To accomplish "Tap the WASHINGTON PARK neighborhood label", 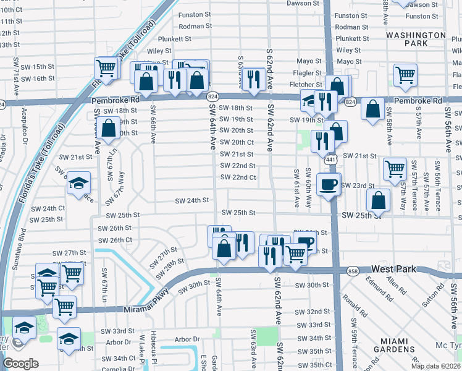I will click(415, 40).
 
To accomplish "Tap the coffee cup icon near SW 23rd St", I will click(328, 184).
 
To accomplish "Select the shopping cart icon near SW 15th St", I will click(106, 68).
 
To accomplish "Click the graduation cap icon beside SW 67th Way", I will click(78, 183).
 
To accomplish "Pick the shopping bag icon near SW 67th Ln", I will click(108, 129).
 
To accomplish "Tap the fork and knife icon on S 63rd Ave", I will click(253, 79).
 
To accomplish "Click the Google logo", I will click(21, 364).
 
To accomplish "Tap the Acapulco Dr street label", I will click(24, 121).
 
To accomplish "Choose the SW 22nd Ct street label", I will click(238, 177).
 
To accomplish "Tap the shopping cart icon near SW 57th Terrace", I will click(394, 168).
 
